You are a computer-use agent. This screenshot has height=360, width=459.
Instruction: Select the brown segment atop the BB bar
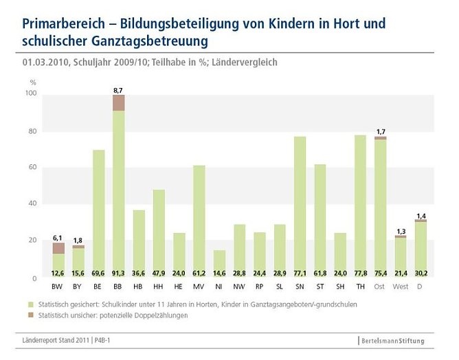119,102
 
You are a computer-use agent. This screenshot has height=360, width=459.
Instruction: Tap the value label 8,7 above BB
119,89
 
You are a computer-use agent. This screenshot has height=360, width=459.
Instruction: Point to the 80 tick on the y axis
31,131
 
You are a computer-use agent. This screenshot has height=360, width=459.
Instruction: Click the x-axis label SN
300,286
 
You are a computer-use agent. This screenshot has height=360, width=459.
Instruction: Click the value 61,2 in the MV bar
179,273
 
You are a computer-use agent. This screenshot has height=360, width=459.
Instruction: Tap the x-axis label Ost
380,286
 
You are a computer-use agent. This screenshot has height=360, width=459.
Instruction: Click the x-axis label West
401,286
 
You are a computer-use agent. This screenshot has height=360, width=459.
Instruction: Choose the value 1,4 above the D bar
421,215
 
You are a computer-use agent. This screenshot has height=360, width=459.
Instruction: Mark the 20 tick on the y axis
31,240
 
